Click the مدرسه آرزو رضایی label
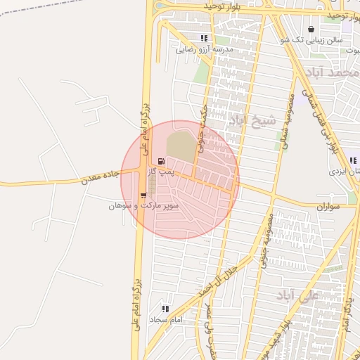pyautogui.click(x=204, y=50)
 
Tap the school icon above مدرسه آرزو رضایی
pyautogui.click(x=204, y=39)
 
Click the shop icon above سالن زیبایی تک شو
pyautogui.click(x=311, y=30)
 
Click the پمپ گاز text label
pyautogui.click(x=163, y=172)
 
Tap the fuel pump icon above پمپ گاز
pyautogui.click(x=162, y=161)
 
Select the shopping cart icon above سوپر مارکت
pyautogui.click(x=144, y=196)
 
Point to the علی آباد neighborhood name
pyautogui.click(x=299, y=294)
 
